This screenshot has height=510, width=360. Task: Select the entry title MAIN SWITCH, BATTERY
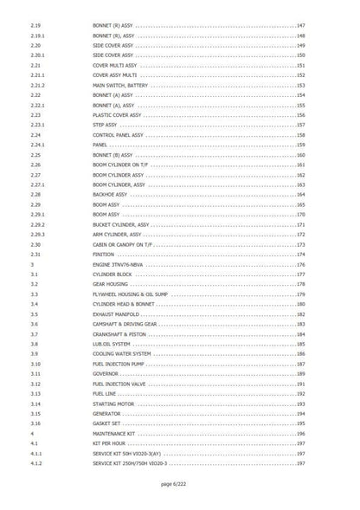[x=122, y=86]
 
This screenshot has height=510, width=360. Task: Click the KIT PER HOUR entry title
[x=109, y=444]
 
